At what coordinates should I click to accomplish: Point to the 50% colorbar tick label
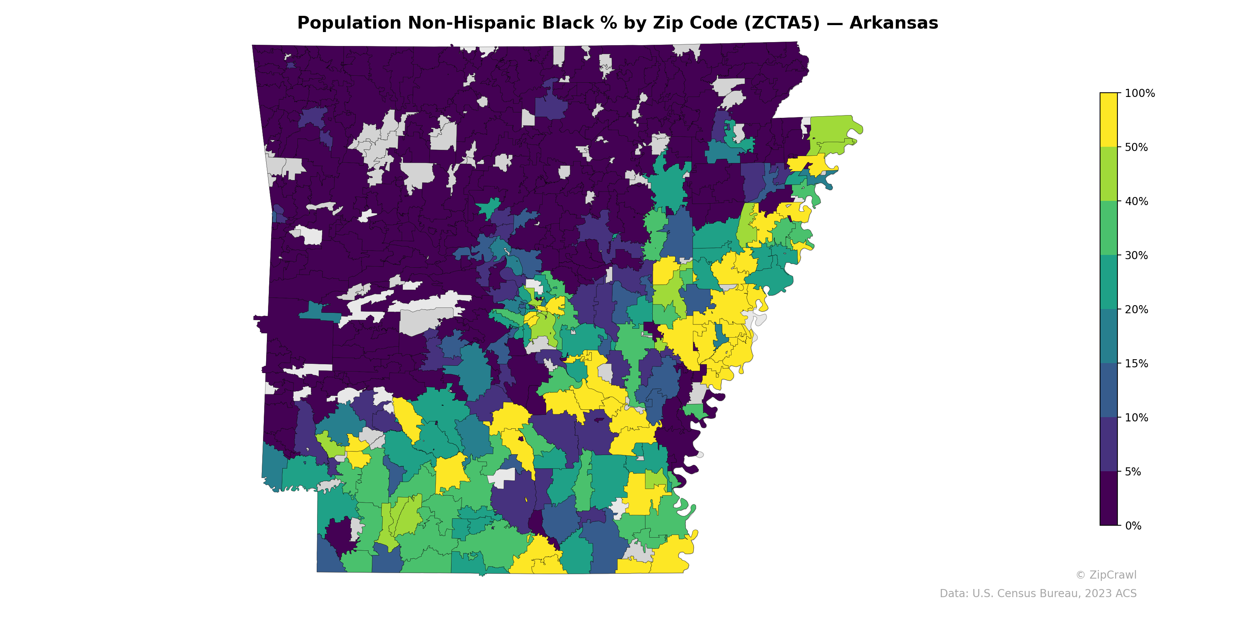[x=1136, y=147]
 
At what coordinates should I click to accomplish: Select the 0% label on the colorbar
[x=1133, y=526]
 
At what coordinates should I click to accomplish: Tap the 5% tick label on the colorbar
[x=1133, y=472]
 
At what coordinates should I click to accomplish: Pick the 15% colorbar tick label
[x=1136, y=364]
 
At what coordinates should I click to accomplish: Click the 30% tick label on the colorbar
[x=1136, y=255]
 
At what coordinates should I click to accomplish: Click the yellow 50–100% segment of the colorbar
[x=1109, y=120]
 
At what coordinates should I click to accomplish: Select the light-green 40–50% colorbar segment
[x=1109, y=174]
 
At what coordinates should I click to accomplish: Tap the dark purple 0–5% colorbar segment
[x=1109, y=499]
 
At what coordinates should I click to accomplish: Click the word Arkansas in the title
[x=893, y=23]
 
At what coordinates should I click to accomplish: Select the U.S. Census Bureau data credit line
[x=1038, y=594]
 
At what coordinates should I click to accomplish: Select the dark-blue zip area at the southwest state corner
[x=329, y=559]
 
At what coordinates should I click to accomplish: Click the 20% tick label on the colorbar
[x=1136, y=309]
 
